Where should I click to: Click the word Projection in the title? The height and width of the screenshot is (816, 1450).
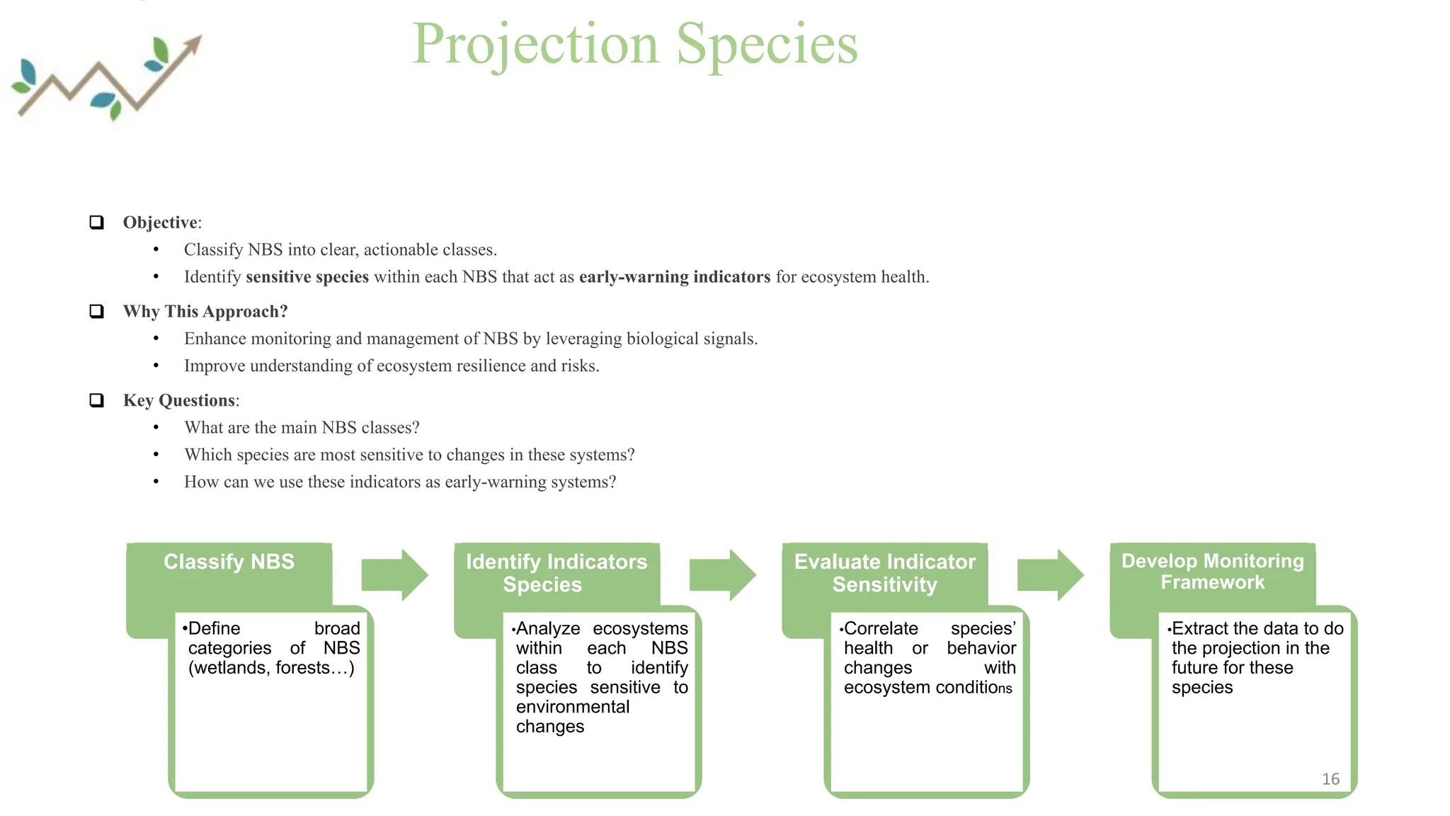(x=535, y=44)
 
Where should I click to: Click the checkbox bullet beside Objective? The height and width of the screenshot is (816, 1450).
(x=97, y=222)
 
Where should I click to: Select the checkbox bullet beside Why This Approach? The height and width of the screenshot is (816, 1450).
(x=97, y=312)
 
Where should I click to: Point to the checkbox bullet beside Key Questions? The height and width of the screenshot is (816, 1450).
(x=97, y=400)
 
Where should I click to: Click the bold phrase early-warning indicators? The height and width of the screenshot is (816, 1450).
(x=674, y=277)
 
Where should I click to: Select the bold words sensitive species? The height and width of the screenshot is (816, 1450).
(x=307, y=277)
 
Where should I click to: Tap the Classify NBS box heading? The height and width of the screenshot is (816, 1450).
(x=229, y=562)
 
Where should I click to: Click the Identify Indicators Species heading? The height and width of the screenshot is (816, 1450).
(x=556, y=572)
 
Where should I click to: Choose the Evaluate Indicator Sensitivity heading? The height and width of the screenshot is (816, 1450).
(x=884, y=572)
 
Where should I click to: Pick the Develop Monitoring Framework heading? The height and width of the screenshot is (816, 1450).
(x=1212, y=571)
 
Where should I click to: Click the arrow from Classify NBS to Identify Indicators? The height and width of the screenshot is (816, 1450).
(x=394, y=574)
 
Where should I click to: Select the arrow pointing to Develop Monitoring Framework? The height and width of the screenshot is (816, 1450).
(x=1050, y=574)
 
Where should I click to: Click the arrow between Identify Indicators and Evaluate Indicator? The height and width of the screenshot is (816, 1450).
(x=722, y=574)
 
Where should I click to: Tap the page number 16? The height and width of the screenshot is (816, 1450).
(x=1330, y=779)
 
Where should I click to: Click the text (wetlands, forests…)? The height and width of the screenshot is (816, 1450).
(x=271, y=668)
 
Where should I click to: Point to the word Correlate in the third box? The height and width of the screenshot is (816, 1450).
(x=881, y=628)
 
